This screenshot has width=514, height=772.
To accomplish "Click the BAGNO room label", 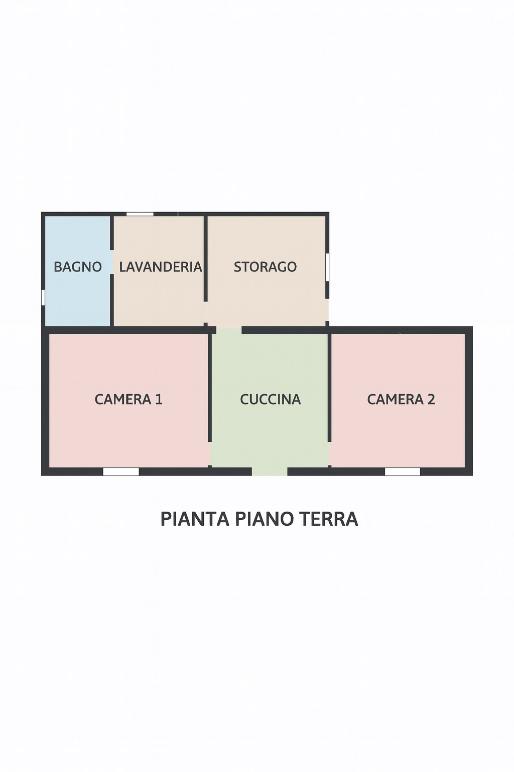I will coord(78,267).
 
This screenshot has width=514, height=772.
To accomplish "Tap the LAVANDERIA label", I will coord(161,267).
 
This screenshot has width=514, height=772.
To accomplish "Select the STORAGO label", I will coord(265,267).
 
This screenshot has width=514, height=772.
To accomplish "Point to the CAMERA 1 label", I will coord(128,400).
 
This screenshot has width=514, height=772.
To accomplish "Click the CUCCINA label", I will coord(270,400).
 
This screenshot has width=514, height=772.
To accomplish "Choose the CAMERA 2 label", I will coord(401,400).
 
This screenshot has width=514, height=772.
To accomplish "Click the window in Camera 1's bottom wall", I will coord(121,471).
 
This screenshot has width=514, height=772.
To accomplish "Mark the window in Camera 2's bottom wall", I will coord(403,471).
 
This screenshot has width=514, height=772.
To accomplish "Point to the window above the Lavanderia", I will coord(140,214).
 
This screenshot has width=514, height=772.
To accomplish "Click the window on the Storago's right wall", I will coord(327,266).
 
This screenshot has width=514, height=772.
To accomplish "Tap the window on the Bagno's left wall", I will coord(43,297).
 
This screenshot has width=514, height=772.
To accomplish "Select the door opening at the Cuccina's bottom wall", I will coord(270,471).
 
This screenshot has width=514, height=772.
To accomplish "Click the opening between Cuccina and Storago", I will coord(229,330).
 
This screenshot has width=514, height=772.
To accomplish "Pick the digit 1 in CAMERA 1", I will coord(159,400).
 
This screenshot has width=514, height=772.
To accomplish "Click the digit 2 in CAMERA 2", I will coord(431,400).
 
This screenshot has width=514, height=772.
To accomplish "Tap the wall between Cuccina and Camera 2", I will coord(329,387).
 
